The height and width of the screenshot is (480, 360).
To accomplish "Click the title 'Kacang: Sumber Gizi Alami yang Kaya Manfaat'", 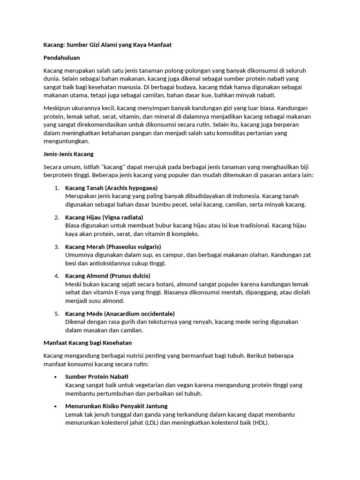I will pos(107,45).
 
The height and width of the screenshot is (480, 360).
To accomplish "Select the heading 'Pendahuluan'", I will pos(61,58).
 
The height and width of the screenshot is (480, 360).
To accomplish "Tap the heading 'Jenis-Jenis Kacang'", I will pos(68,154).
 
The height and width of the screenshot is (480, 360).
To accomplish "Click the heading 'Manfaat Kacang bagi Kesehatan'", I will pos(88,343).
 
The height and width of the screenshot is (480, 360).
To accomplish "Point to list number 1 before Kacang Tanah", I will pos(56,188).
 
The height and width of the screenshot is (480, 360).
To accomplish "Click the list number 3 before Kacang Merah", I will pos(56,247).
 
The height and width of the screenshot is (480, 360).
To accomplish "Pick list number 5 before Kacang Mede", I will pos(56,314).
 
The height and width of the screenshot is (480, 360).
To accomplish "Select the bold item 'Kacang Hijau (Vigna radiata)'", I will pos(104,217).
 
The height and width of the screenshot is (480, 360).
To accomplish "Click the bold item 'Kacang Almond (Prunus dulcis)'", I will pos(108,276).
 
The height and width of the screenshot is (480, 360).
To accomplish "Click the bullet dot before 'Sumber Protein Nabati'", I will pos(56,377).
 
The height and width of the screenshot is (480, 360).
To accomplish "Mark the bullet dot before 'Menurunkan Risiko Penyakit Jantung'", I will pos(56,406).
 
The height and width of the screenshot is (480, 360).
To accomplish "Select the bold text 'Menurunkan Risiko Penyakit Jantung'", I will pos(116,406).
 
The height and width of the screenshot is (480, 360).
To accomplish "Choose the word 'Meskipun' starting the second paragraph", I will pos(57,108).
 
